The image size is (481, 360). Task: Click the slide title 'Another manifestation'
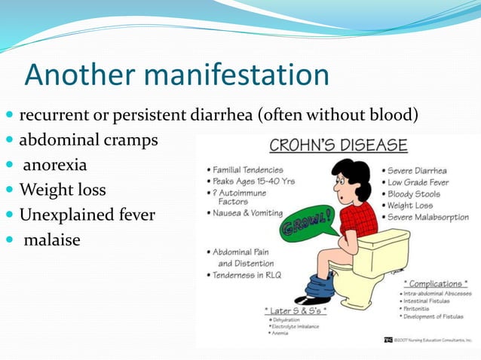[176, 75]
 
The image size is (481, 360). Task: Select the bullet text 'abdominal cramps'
[88, 140]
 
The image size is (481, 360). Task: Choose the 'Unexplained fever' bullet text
[87, 215]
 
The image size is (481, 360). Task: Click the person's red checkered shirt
[357, 218]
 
